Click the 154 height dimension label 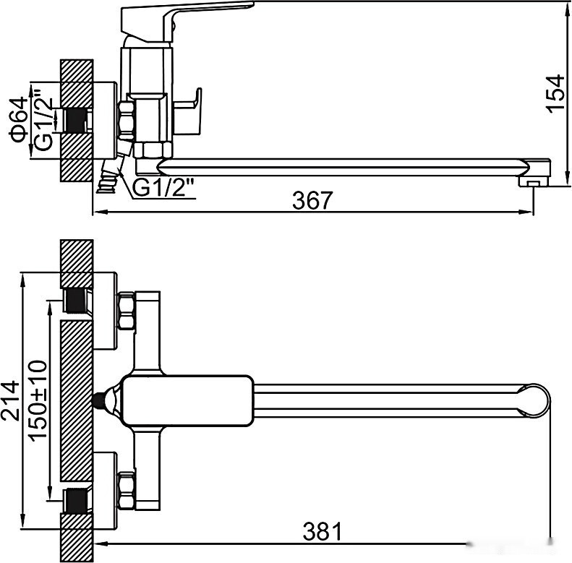coord(555,93)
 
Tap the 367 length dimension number coord(312,199)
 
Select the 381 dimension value coord(323,531)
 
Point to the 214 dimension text coord(10,400)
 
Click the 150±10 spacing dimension coord(38,401)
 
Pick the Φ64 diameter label coord(19,120)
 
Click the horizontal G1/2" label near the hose coord(163,187)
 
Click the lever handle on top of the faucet coord(186,21)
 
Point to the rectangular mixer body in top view coord(187,400)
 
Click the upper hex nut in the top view coord(127,310)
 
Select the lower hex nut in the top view coord(127,490)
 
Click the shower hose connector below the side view coord(111,175)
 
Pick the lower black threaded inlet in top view coord(76,500)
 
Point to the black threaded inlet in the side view coord(76,121)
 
